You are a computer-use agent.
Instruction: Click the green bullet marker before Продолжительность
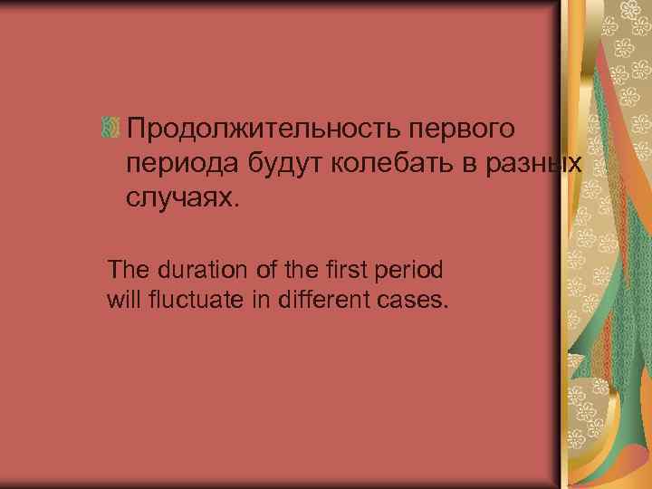click(110, 129)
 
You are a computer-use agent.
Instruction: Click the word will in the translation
click(121, 298)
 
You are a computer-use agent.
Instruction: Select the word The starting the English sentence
click(124, 269)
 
